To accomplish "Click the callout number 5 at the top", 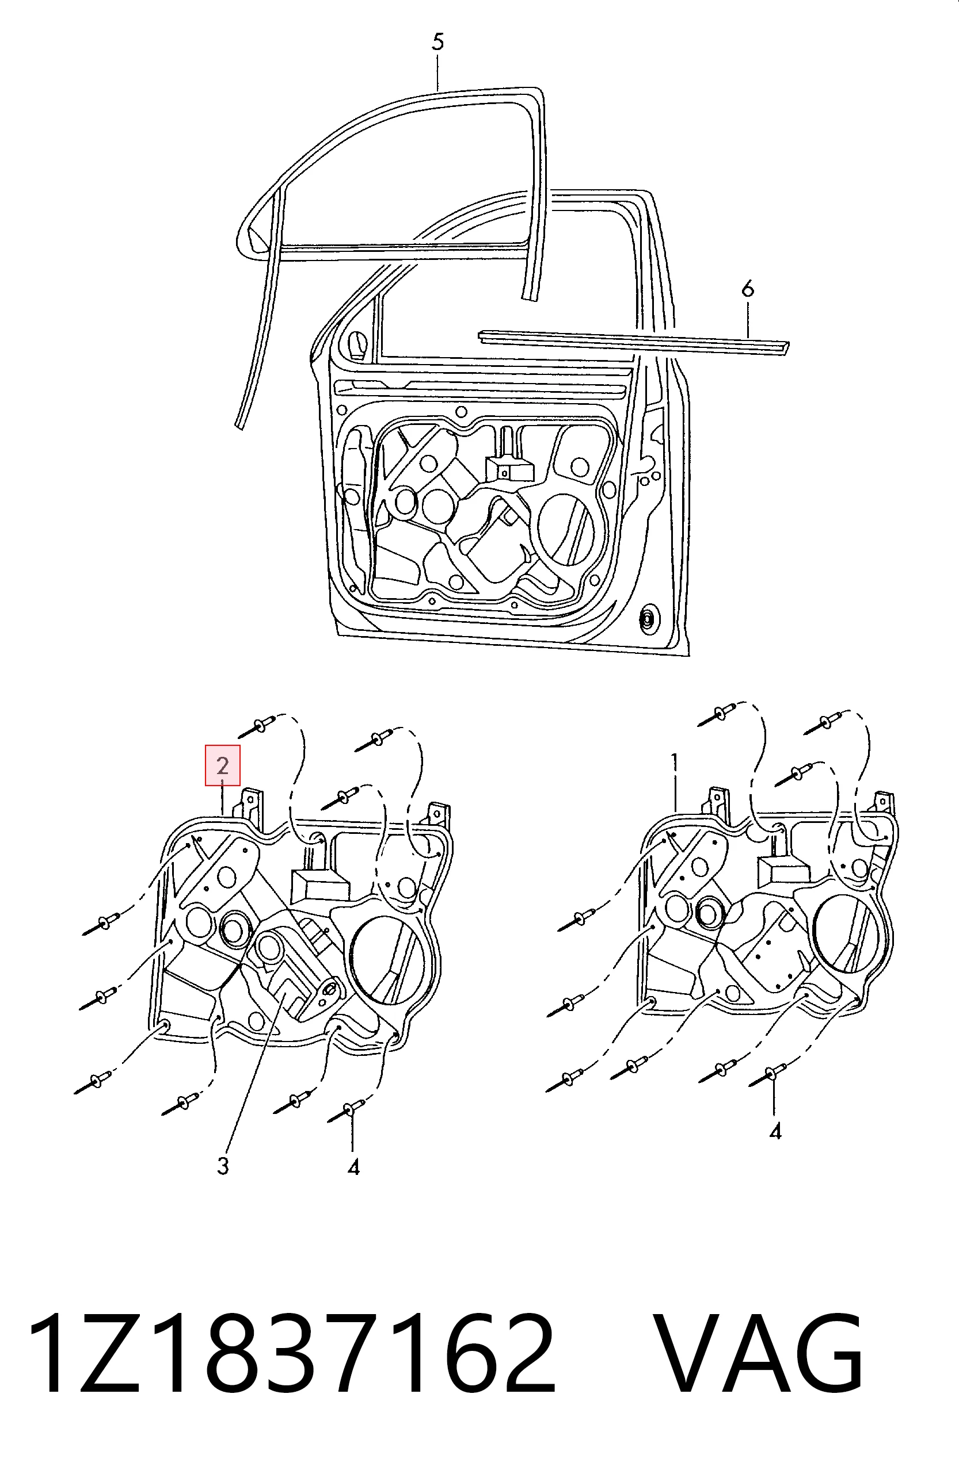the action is pyautogui.click(x=437, y=42).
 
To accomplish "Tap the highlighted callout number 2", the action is pyautogui.click(x=223, y=765).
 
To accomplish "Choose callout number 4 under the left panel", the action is pyautogui.click(x=353, y=1167).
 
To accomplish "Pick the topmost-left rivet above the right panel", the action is pyautogui.click(x=721, y=714).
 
